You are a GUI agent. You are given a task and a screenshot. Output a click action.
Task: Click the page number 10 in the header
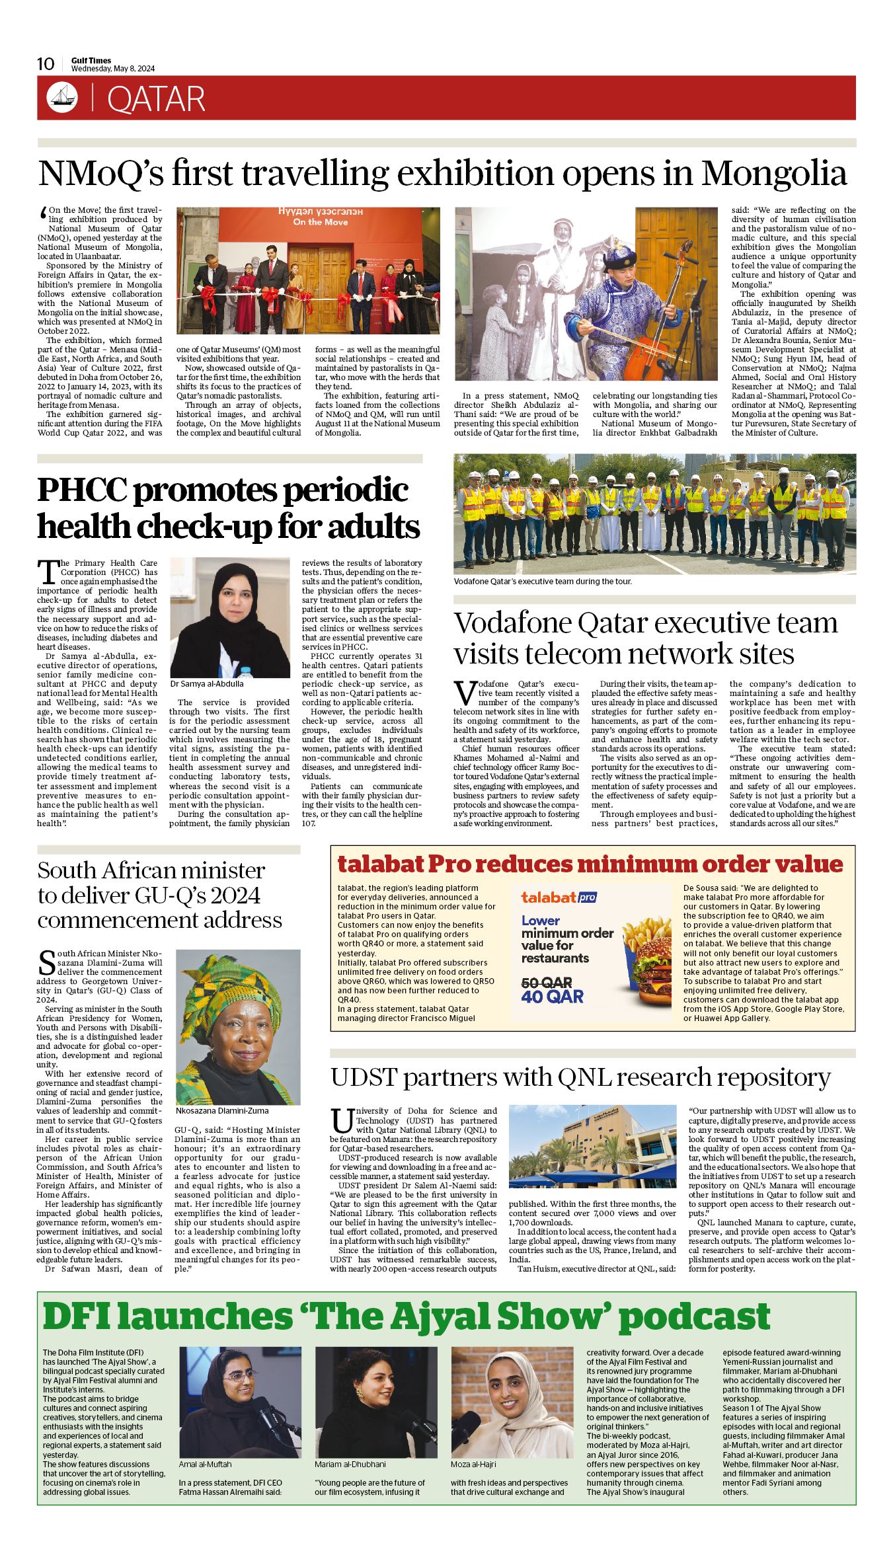(x=46, y=63)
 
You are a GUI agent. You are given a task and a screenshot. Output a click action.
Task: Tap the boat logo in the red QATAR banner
(x=62, y=98)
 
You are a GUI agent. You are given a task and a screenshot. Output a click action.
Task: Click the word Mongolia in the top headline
(x=774, y=173)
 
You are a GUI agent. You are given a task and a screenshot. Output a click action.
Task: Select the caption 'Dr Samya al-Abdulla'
(x=207, y=684)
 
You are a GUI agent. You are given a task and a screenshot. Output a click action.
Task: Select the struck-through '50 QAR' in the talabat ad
(x=547, y=983)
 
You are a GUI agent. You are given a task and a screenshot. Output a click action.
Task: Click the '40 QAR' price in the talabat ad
(x=552, y=997)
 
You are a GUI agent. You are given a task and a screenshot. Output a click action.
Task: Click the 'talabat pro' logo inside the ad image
(x=559, y=897)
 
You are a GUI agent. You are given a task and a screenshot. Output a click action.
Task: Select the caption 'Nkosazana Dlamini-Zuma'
(x=222, y=1111)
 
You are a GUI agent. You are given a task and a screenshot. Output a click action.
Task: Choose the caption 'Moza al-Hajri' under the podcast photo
(x=473, y=1464)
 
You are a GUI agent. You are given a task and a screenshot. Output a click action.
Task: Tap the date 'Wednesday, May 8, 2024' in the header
(x=113, y=69)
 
